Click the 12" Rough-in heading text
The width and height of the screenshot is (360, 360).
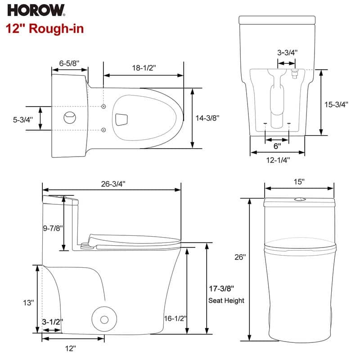(x=45, y=28)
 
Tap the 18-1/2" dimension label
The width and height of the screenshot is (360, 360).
(x=144, y=68)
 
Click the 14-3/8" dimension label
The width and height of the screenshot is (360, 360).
(x=207, y=118)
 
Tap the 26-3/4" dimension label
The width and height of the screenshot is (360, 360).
(x=113, y=184)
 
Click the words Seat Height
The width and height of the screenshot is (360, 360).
(x=226, y=300)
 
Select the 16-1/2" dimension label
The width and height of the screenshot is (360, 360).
(x=175, y=318)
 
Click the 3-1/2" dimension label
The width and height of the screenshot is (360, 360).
(x=53, y=322)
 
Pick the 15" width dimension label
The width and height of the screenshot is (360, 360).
(x=299, y=182)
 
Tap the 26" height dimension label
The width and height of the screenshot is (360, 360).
(x=240, y=257)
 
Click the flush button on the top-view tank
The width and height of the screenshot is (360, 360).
(x=70, y=117)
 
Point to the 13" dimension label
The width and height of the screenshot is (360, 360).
(x=29, y=302)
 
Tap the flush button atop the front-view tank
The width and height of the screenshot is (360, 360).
(x=300, y=199)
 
